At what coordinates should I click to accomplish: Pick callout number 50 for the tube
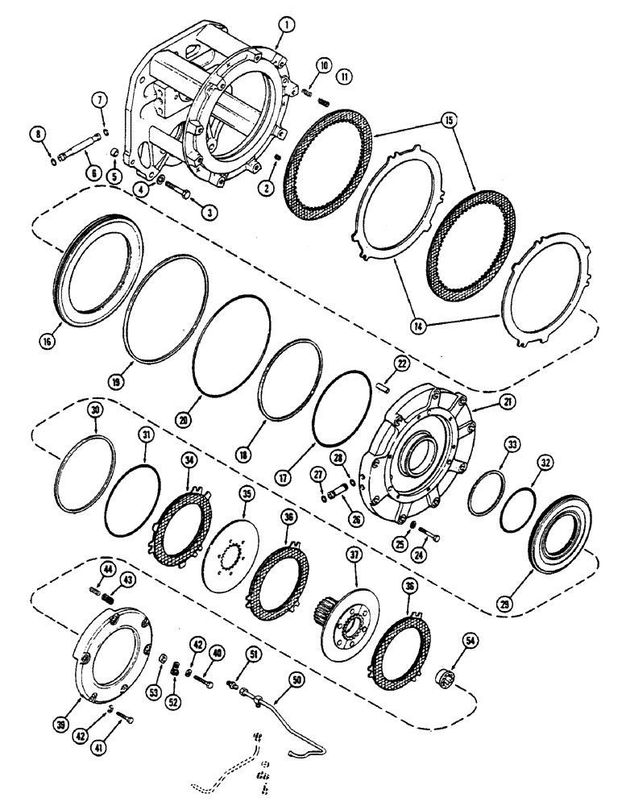[298, 681]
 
